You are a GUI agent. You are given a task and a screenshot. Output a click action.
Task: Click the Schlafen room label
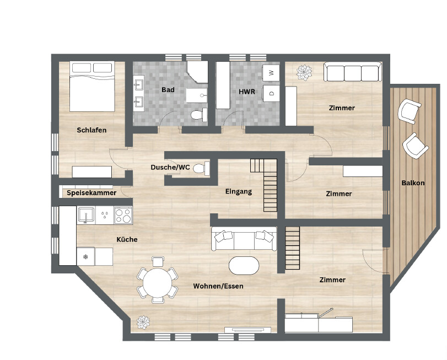91,130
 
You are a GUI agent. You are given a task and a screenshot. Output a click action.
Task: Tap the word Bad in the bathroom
168,89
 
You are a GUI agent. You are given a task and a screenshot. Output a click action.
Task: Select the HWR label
247,92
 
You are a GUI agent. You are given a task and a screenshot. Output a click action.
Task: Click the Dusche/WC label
170,167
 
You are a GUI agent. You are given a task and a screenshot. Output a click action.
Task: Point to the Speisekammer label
91,193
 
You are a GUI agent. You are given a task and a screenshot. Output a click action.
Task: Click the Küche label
127,239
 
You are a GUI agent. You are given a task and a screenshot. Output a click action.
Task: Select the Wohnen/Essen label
218,286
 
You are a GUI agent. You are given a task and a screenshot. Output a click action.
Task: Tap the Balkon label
413,182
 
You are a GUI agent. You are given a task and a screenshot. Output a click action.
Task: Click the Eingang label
239,192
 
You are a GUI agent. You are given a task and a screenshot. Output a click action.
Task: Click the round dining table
157,283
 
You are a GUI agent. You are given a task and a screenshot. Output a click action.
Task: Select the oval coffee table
244,265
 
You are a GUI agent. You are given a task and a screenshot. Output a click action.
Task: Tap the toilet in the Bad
196,115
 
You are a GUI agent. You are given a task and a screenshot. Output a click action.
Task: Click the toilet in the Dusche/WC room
200,168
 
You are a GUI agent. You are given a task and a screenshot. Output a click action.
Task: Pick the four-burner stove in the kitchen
122,215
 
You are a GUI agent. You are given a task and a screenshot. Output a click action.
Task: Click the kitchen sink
87,214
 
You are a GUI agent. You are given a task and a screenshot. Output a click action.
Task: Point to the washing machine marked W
271,72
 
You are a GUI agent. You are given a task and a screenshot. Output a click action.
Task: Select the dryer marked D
271,93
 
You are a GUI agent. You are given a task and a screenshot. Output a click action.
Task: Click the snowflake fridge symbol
85,256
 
